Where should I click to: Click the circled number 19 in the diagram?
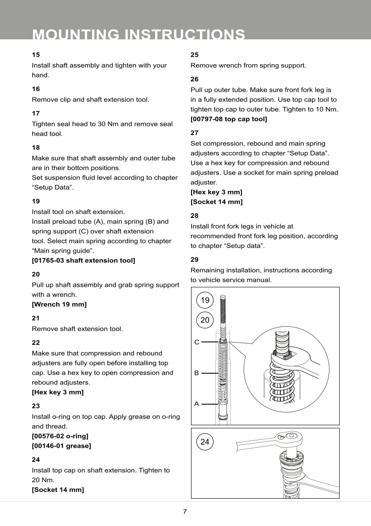pos(205,301)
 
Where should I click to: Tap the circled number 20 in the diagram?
pos(205,320)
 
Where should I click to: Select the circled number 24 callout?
pos(205,441)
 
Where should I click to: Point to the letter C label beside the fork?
pos(197,342)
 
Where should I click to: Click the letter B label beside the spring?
pos(197,373)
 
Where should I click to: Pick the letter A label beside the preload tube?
pos(197,404)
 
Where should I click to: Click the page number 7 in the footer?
pos(185,512)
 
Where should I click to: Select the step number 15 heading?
pos(36,55)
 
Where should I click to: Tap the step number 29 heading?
pos(195,259)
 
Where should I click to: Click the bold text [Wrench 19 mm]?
pos(59,304)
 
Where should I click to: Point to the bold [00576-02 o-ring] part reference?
pos(60,436)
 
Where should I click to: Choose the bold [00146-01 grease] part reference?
pos(61,446)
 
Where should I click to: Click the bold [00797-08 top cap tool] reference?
pos(229,119)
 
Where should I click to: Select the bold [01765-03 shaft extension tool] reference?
pos(84,260)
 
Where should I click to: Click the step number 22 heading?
pos(36,343)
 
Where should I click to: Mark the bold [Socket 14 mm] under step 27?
pos(217,202)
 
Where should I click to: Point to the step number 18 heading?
pos(36,148)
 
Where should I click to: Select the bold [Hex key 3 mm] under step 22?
pos(57,392)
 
